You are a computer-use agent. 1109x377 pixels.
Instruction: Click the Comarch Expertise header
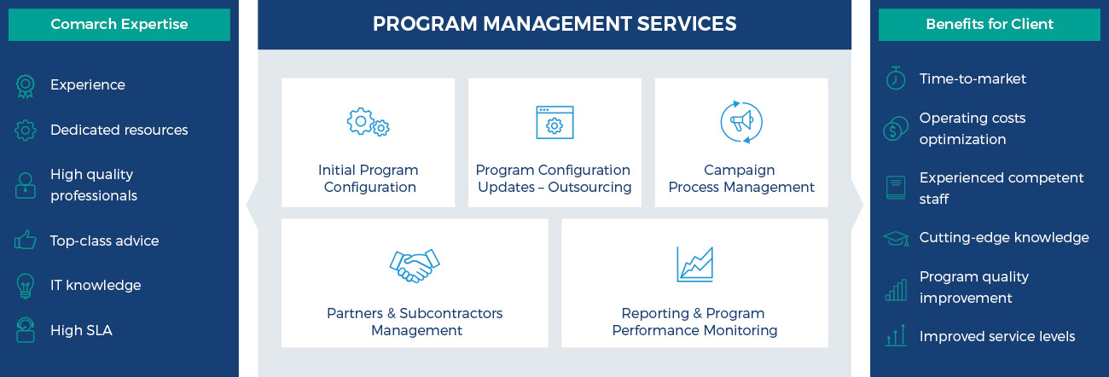coord(119,24)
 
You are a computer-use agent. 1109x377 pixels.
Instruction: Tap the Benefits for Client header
coord(990,24)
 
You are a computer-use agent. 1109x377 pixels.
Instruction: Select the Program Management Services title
coord(554,24)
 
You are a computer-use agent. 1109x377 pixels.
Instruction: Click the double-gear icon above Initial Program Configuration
coord(369,122)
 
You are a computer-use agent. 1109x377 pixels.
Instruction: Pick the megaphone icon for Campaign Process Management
coord(741,122)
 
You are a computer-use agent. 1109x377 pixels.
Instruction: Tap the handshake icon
coord(415,265)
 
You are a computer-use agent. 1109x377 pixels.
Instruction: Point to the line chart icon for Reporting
coord(694,264)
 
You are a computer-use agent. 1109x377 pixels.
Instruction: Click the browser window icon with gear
coord(554,122)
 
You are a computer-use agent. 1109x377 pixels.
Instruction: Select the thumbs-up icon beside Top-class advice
coord(26,240)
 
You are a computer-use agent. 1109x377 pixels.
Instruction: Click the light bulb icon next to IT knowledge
coord(26,286)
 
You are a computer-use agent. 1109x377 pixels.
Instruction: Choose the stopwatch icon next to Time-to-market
coord(896,78)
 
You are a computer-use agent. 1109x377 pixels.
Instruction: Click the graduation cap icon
coord(896,239)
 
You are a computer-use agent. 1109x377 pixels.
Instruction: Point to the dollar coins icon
coord(896,129)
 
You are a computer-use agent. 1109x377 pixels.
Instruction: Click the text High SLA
coord(81,330)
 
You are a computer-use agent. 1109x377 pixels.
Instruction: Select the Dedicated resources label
coord(119,130)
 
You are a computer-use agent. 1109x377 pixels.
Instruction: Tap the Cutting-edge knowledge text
coord(1004,238)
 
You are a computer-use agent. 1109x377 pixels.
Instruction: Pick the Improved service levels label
coord(997,336)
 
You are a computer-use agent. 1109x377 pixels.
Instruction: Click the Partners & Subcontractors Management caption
coord(415,322)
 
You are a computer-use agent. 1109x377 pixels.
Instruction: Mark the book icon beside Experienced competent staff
coord(896,188)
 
